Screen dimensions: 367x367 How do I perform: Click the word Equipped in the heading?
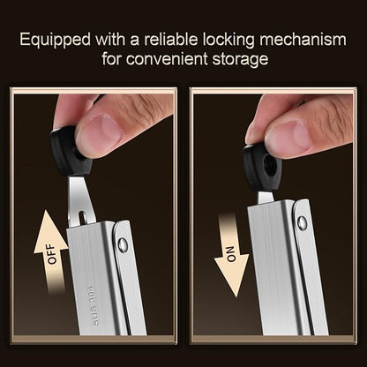click(x=56, y=40)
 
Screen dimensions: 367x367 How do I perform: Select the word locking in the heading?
click(x=228, y=40)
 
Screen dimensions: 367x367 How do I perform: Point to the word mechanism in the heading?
click(x=303, y=39)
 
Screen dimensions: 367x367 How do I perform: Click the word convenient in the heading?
click(x=167, y=58)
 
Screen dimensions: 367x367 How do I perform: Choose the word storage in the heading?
click(x=240, y=59)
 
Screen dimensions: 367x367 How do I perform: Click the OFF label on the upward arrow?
click(x=51, y=254)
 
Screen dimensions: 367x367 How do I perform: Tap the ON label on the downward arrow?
click(x=232, y=254)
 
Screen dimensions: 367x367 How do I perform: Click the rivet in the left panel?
click(x=123, y=245)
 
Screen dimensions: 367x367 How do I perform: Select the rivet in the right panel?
click(x=303, y=222)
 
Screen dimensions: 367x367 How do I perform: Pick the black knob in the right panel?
click(x=262, y=168)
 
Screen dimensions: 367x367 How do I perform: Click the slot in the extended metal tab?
click(x=83, y=218)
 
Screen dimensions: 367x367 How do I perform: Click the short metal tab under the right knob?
click(x=266, y=198)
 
